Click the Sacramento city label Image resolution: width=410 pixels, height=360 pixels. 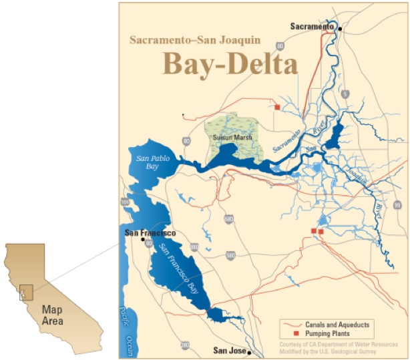click(x=312, y=26)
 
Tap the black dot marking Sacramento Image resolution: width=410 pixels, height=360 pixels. click(x=340, y=29)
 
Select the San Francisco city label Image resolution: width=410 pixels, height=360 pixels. click(x=150, y=233)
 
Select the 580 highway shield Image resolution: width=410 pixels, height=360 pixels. click(x=230, y=254)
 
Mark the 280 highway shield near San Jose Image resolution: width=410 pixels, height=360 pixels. click(x=184, y=345)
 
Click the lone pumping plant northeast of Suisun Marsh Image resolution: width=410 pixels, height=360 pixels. click(x=276, y=106)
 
